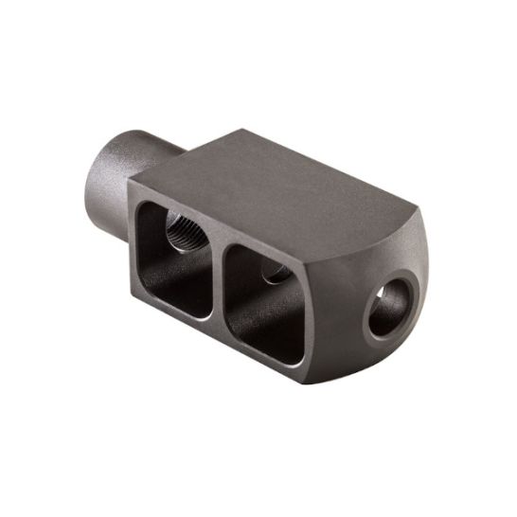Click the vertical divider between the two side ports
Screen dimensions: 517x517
[218, 270]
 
